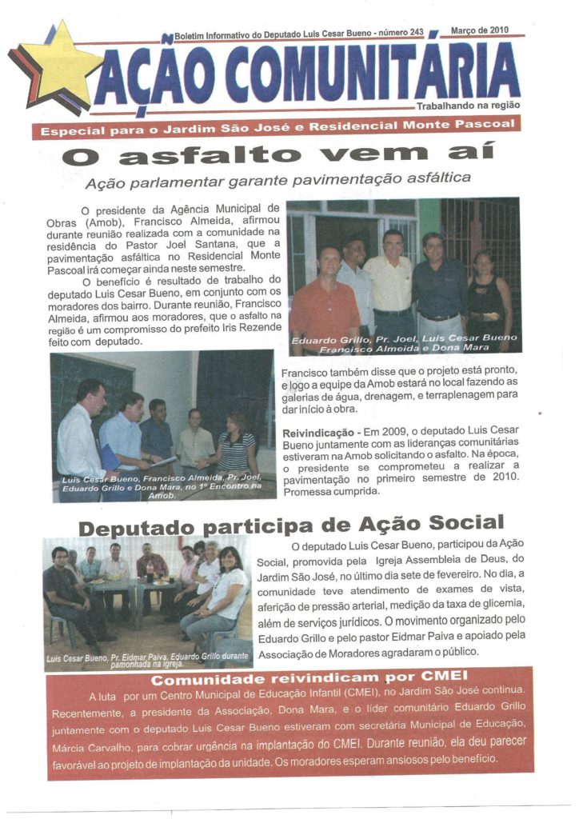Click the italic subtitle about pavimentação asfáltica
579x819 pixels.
(278, 179)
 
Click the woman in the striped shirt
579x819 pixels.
(237, 448)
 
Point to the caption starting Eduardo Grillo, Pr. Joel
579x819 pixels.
(404, 344)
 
